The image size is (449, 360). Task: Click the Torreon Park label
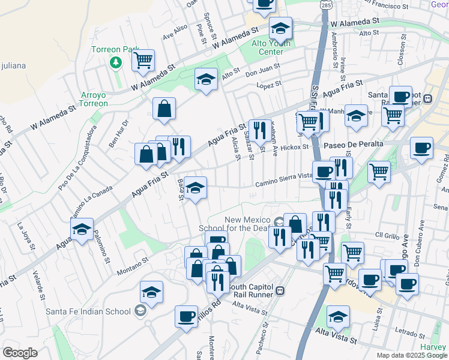click(x=115, y=50)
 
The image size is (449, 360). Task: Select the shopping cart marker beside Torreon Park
click(x=143, y=61)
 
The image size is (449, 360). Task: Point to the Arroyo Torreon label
click(x=95, y=99)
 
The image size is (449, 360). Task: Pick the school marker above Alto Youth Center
click(x=280, y=28)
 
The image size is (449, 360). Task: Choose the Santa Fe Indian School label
click(x=88, y=311)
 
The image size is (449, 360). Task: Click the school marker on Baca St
click(x=196, y=188)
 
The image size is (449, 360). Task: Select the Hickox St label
click(x=294, y=146)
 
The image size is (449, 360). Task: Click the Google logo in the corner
click(x=20, y=353)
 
